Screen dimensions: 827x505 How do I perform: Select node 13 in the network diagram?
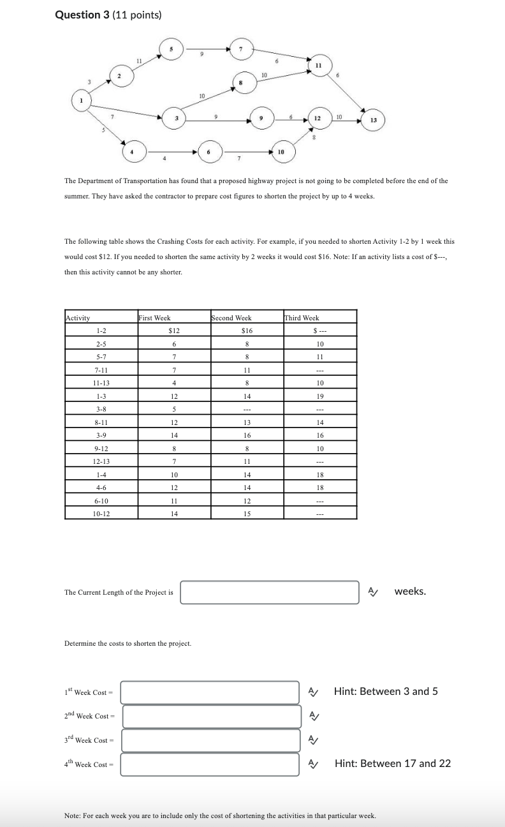click(373, 120)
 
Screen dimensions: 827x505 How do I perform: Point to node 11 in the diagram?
click(317, 65)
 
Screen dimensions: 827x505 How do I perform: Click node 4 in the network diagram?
click(132, 152)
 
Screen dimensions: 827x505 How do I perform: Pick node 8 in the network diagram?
click(240, 82)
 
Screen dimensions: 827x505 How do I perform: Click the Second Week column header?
click(231, 318)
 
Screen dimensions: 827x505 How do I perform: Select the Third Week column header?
click(302, 318)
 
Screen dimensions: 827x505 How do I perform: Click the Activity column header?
click(78, 318)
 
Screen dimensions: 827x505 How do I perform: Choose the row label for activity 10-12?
click(101, 513)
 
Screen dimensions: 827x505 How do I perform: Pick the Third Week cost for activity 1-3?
click(320, 396)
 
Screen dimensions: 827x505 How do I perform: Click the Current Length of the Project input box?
click(269, 592)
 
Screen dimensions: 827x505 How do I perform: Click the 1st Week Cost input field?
click(210, 692)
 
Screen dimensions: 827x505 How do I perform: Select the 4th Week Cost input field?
click(210, 764)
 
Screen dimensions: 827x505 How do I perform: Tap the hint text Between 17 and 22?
click(392, 764)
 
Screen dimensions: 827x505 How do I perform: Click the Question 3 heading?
click(108, 15)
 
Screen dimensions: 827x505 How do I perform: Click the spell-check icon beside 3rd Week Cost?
click(312, 740)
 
